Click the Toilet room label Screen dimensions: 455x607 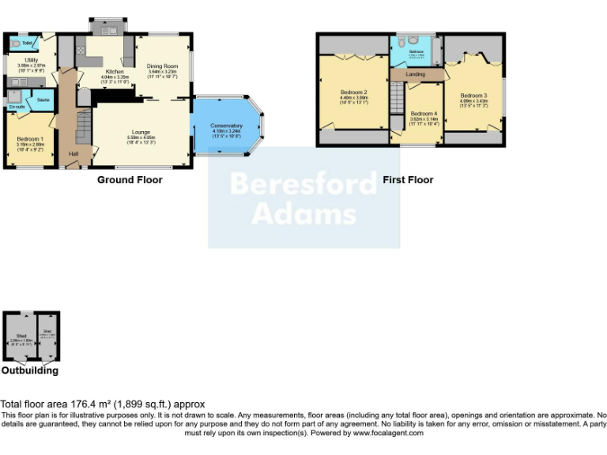pyautogui.click(x=27, y=43)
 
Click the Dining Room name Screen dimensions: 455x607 pyautogui.click(x=163, y=66)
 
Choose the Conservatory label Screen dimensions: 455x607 pyautogui.click(x=226, y=126)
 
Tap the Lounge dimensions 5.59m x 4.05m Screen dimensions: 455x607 pyautogui.click(x=141, y=137)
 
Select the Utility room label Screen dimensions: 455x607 pyautogui.click(x=32, y=60)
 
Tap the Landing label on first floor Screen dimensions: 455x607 pyautogui.click(x=415, y=74)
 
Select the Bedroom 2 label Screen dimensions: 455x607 pyautogui.click(x=353, y=92)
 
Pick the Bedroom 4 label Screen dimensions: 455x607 pyautogui.click(x=423, y=113)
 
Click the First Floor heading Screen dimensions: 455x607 pyautogui.click(x=408, y=180)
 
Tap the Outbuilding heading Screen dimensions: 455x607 pyautogui.click(x=29, y=370)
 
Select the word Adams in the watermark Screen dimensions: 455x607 pyautogui.click(x=303, y=213)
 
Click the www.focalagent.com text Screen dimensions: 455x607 pyautogui.click(x=388, y=433)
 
